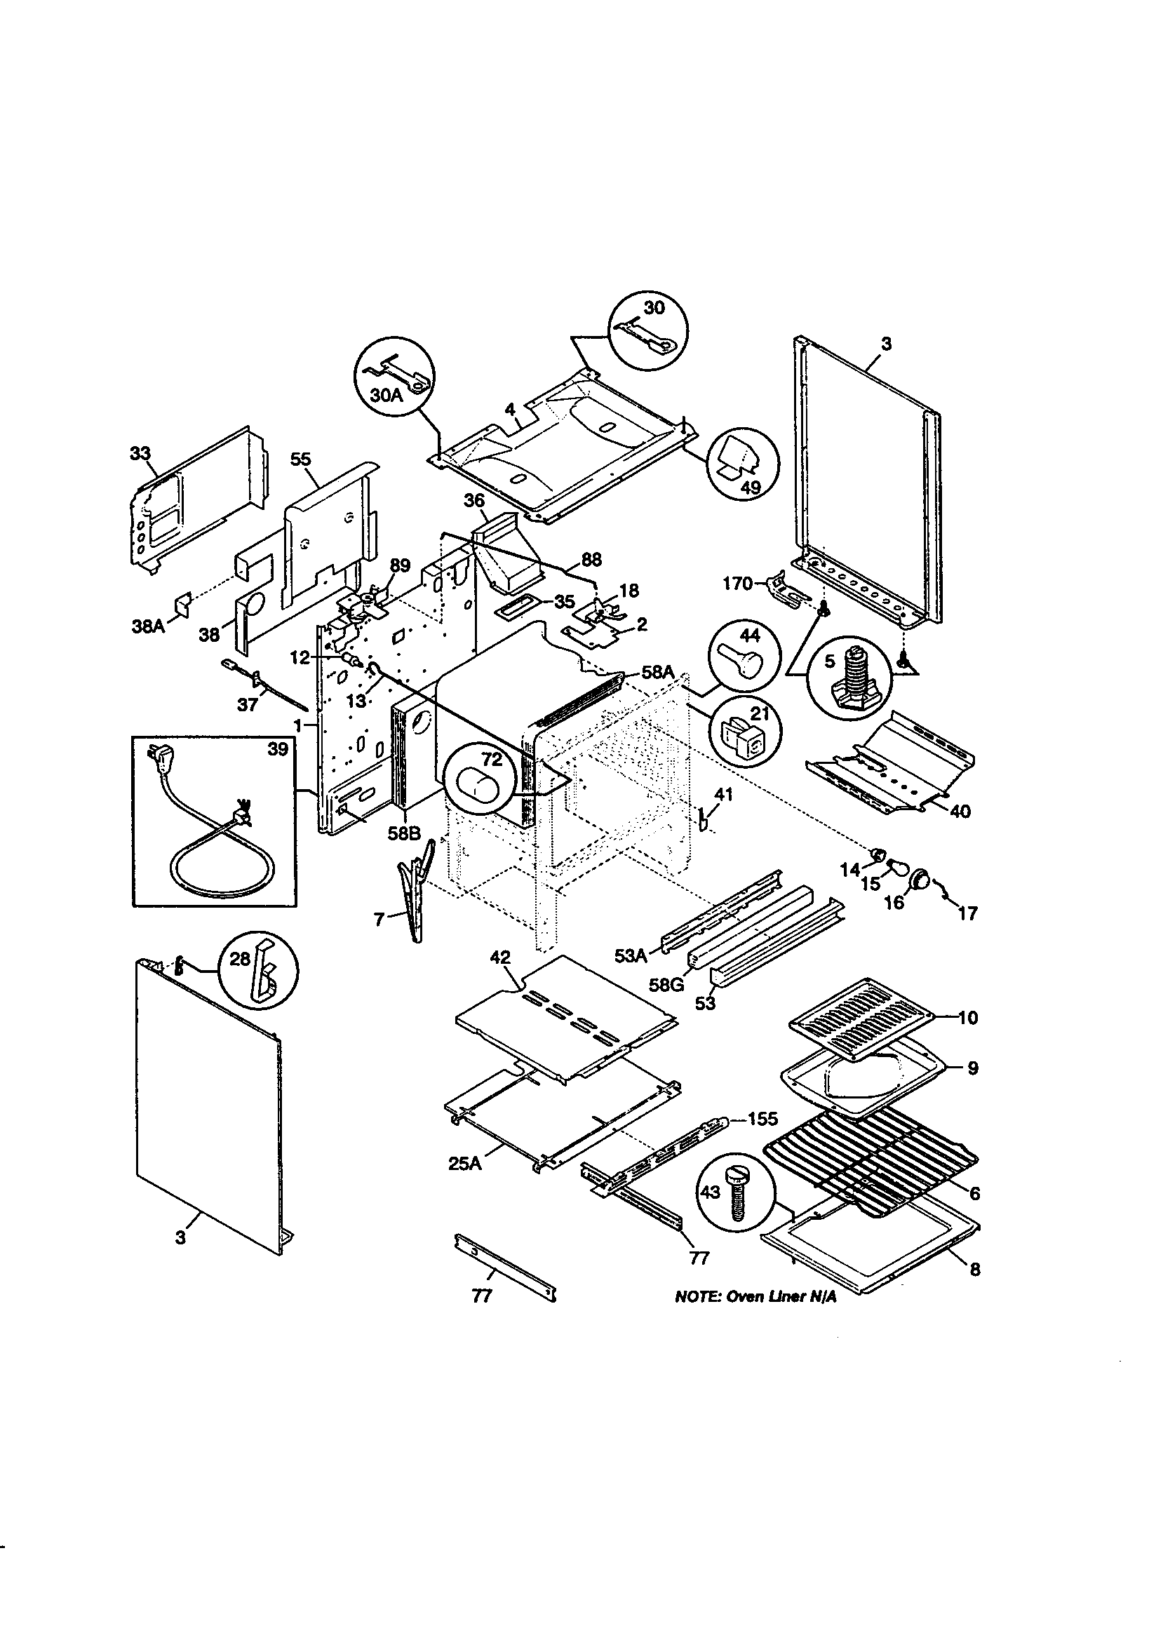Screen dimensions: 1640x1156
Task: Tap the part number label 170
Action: pos(737,584)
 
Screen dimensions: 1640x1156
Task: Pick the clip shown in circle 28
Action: pos(263,969)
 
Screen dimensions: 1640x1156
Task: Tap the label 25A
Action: pos(464,1164)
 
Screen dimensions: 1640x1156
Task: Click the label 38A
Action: pos(148,626)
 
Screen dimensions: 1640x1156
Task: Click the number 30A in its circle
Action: pos(387,394)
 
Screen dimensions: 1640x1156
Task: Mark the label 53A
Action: pos(629,955)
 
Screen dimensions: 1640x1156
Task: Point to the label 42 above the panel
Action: pos(500,957)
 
